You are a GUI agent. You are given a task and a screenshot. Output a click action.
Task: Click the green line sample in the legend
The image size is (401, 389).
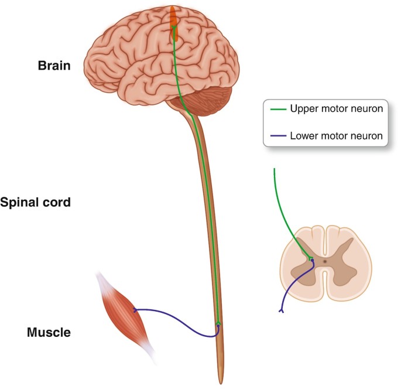tap(277, 109)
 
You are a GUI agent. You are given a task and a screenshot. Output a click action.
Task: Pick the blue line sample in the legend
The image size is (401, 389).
tap(277, 136)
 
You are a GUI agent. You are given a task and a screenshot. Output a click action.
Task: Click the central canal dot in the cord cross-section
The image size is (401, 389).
tap(325, 261)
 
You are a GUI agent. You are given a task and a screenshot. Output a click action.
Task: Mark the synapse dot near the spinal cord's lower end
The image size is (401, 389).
tap(218, 323)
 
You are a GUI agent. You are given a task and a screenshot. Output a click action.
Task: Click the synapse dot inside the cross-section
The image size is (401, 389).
tap(312, 259)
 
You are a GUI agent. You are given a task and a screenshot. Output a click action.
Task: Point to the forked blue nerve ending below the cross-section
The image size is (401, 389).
tap(282, 310)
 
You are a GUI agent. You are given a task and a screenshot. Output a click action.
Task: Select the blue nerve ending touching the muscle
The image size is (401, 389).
tap(135, 310)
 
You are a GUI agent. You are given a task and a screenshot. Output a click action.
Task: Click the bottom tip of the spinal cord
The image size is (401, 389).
tap(221, 382)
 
